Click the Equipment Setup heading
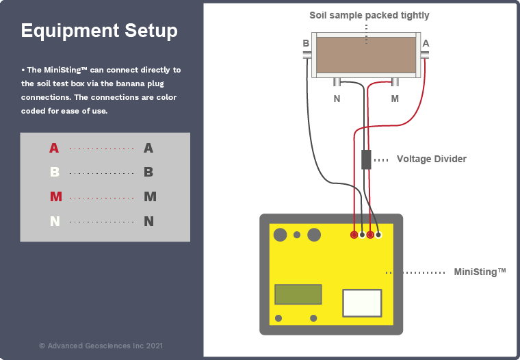tap(99, 31)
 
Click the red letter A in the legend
tap(54, 148)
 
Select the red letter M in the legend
tap(56, 197)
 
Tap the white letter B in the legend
tap(55, 172)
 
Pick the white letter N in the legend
tap(55, 222)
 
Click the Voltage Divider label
tap(431, 159)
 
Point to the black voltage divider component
tap(366, 159)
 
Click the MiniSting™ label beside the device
tap(480, 272)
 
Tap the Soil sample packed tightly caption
tap(369, 15)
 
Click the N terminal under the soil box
tap(337, 83)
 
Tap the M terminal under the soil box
tap(395, 83)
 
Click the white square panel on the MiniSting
tap(362, 303)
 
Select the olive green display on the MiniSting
tap(298, 294)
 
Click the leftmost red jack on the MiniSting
tap(354, 235)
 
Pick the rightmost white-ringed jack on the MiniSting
tap(378, 235)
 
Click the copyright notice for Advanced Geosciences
tap(101, 346)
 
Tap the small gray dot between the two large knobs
tap(297, 235)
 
